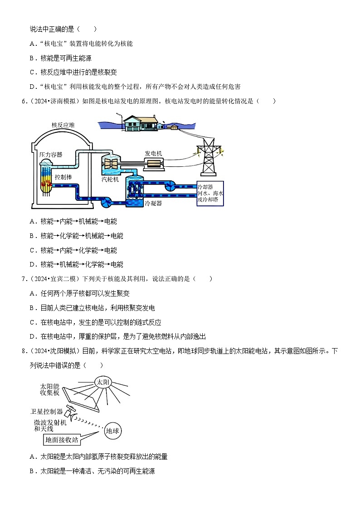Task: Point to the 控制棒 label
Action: click(63, 176)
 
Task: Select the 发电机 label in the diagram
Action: click(153, 153)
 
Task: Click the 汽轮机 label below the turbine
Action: click(110, 179)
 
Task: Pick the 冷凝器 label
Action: click(153, 204)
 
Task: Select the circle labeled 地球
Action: click(112, 431)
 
